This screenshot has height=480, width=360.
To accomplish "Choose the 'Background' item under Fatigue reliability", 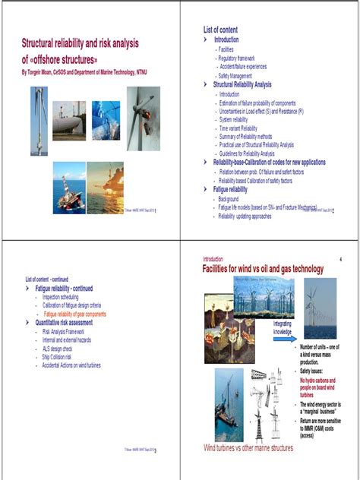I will [x=228, y=199].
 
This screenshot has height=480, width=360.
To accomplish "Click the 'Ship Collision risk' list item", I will [x=62, y=356].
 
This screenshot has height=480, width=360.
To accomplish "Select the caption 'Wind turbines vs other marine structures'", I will [x=248, y=448].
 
